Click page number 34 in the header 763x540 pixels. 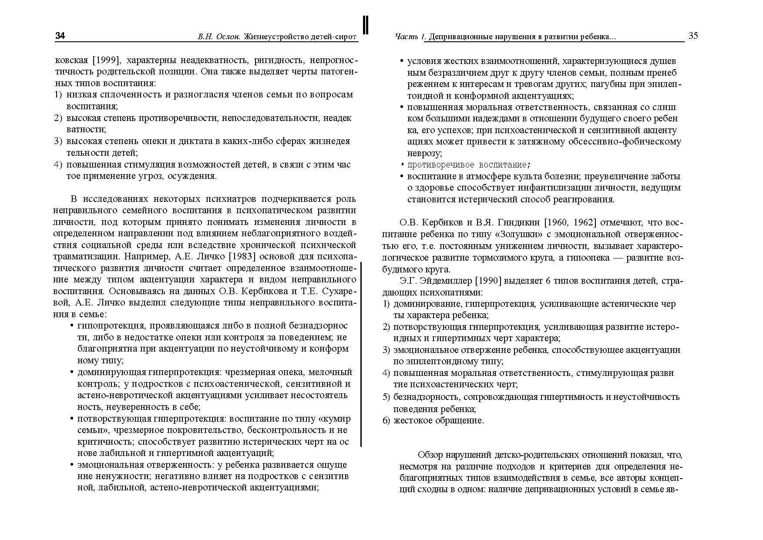tap(60, 36)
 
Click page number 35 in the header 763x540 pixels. tap(693, 36)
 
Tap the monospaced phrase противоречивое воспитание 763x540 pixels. tap(467, 165)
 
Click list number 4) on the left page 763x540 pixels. tap(58, 164)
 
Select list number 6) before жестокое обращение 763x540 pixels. tap(386, 420)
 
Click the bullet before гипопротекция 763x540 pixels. tap(71, 326)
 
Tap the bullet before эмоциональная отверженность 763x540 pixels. tap(71, 465)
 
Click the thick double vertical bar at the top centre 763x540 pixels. tap(366, 25)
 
